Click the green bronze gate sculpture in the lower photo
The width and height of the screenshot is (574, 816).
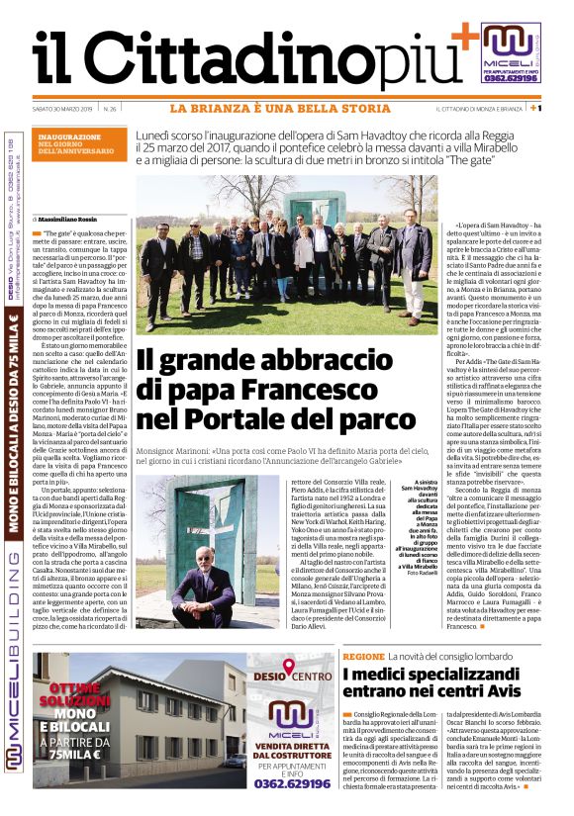click(229, 524)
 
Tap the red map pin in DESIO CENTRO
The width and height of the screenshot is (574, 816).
click(291, 670)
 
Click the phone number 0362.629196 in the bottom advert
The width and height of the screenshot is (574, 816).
click(292, 783)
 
